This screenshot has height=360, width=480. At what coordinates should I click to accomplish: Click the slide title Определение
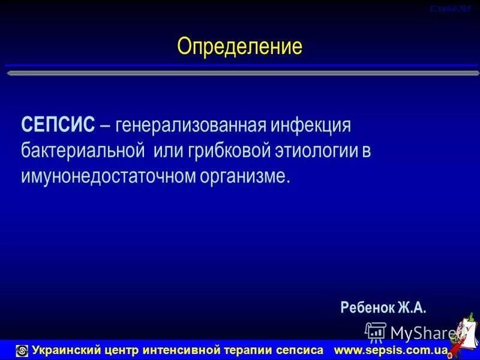pyautogui.click(x=239, y=46)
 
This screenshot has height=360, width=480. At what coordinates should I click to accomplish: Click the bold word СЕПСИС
pyautogui.click(x=58, y=125)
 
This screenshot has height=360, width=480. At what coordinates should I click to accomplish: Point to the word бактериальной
pyautogui.click(x=83, y=151)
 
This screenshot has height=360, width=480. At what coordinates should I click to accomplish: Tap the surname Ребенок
pyautogui.click(x=366, y=308)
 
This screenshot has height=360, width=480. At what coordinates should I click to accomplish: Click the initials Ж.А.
pyautogui.click(x=411, y=308)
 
